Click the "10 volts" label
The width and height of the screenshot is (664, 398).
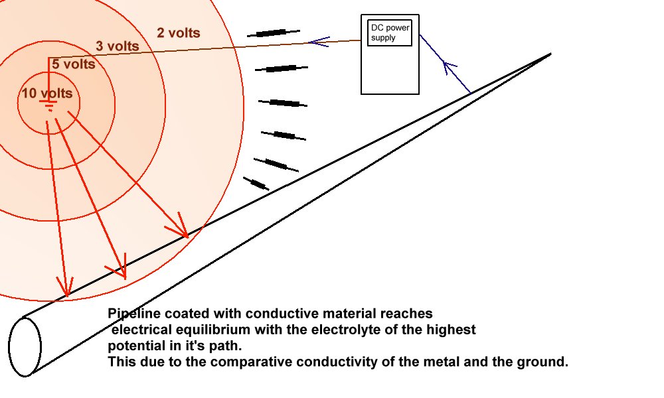pos(46,94)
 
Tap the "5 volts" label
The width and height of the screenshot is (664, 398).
pos(73,64)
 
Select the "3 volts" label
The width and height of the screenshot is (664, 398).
pos(118,46)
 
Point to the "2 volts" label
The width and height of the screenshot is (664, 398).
pos(178,33)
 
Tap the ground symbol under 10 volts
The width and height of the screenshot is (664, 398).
pos(48,105)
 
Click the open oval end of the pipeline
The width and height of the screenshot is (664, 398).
pos(25,346)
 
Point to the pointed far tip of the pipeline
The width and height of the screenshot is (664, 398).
pos(550,54)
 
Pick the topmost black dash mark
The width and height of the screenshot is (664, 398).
pos(273,33)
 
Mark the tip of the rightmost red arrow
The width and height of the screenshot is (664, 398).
pos(187,235)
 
